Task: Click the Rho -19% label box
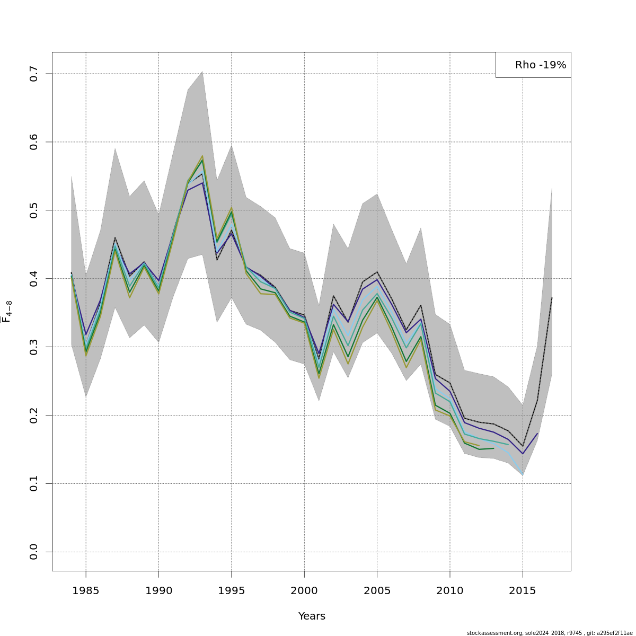click(x=533, y=65)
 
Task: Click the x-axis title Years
click(x=312, y=616)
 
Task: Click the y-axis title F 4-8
click(x=7, y=312)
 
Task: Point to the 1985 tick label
click(x=86, y=590)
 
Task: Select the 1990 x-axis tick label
click(x=158, y=590)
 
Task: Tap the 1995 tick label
click(x=231, y=590)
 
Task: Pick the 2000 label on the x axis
click(x=304, y=590)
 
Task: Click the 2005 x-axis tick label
click(x=377, y=590)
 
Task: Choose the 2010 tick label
click(x=449, y=590)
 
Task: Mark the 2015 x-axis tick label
click(x=523, y=590)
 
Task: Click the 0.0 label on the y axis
click(x=34, y=552)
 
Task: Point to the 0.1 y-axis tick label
click(x=34, y=483)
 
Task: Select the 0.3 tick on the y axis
click(x=34, y=347)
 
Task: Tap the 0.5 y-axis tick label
click(x=34, y=210)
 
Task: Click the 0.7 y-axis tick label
click(x=34, y=74)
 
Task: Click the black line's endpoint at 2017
click(x=552, y=298)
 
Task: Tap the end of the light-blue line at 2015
click(x=523, y=474)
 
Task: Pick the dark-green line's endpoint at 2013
click(x=493, y=448)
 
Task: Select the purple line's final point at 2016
click(x=537, y=434)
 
